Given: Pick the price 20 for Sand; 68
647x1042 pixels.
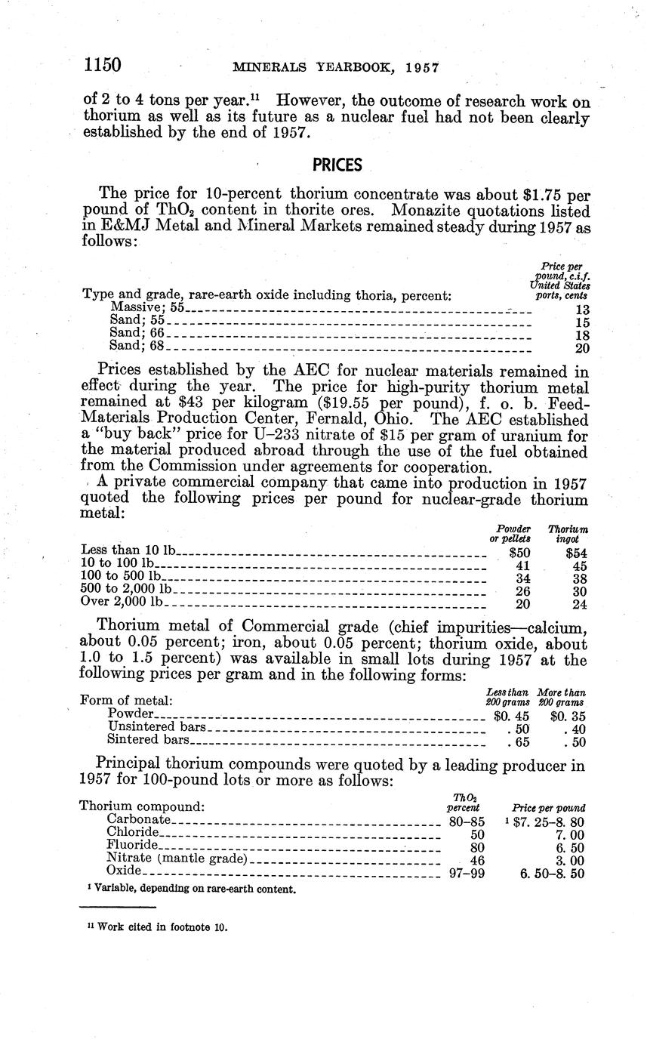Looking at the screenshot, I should (582, 347).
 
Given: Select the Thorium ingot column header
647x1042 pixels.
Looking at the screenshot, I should (568, 535).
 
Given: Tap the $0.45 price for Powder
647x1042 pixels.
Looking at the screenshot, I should (511, 714).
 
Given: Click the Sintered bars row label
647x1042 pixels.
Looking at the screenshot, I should (148, 740).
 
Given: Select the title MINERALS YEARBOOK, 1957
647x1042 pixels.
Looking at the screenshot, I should (336, 67).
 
